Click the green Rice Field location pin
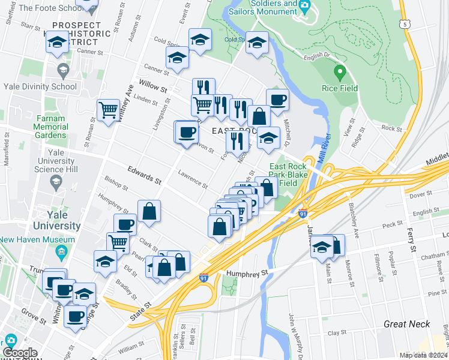339,73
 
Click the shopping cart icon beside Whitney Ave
108,110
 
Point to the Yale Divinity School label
39,86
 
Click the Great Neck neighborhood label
407,324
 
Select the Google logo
20,353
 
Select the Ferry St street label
412,239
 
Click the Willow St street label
152,84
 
